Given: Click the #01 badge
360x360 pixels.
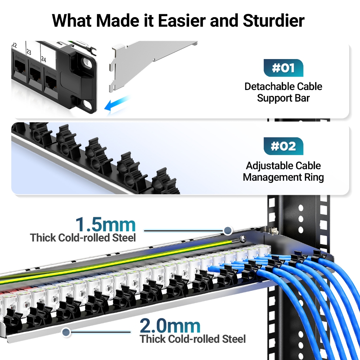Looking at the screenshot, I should click(283, 68).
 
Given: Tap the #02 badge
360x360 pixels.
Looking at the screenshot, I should click(283, 146).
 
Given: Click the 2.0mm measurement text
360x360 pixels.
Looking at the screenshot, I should click(170, 326).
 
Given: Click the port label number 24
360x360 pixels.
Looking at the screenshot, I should click(44, 59).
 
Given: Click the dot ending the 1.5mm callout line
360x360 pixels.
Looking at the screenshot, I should click(228, 231).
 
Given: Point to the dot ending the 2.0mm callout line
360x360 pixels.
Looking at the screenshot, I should click(65, 332).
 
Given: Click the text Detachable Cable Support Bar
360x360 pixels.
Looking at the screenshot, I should click(283, 92).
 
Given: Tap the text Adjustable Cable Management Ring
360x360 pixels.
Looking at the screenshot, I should click(283, 171).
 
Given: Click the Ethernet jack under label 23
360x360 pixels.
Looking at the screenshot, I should click(35, 72).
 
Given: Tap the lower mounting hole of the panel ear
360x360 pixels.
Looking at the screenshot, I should click(87, 104).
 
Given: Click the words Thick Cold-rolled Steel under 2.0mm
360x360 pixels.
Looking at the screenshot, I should click(193, 339).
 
